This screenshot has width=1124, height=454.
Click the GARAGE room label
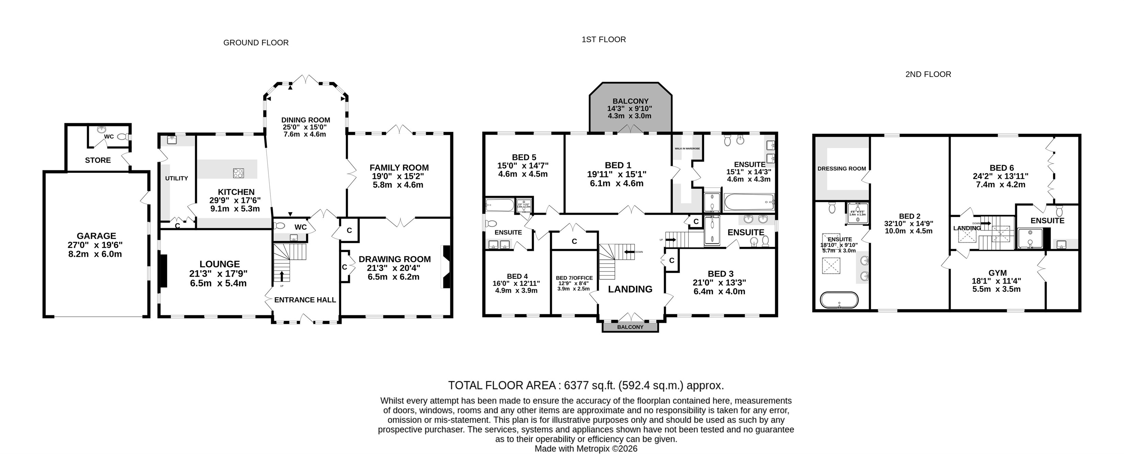pos(96,236)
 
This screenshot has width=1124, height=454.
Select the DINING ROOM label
pos(306,120)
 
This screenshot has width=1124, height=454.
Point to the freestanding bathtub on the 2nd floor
pos(839,300)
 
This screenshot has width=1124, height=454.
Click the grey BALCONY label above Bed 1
pos(630,101)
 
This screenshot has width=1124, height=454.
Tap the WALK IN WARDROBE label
pos(687,149)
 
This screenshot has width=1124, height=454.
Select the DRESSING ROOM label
pos(842,168)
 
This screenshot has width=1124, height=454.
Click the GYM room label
pos(997,273)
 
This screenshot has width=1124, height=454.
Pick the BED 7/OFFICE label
pos(574,278)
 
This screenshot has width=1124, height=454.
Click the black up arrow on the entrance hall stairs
pos(281,276)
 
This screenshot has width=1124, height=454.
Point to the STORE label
pos(98,160)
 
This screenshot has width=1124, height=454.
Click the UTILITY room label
pos(176,178)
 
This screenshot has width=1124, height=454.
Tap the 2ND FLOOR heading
pos(928,75)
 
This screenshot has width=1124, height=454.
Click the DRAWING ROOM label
pos(394,259)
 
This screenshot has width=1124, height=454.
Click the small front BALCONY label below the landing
pos(630,327)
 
